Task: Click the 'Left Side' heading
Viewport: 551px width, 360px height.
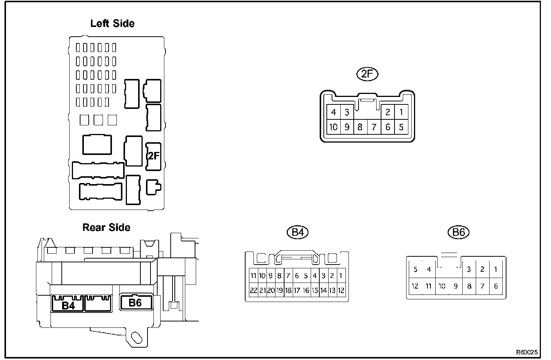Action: tap(112, 24)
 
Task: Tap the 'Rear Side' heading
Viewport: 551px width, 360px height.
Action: tap(106, 228)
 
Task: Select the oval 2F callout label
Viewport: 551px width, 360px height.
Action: tap(367, 74)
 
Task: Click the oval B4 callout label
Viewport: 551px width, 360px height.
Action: tap(298, 233)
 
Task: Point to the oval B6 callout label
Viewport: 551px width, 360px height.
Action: tap(459, 232)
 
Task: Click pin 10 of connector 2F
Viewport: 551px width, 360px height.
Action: tap(333, 127)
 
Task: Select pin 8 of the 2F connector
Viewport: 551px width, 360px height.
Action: tap(360, 127)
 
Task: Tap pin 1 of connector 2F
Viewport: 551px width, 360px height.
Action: tap(401, 112)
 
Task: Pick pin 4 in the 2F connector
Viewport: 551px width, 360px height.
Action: tap(333, 112)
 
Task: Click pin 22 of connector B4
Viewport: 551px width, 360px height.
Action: tap(253, 290)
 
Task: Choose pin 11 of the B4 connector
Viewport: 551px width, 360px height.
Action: tap(253, 276)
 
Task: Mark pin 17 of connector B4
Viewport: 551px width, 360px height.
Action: tap(297, 290)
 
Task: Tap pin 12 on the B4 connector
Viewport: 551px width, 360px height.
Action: tap(341, 290)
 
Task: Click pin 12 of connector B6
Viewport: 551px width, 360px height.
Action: tap(415, 286)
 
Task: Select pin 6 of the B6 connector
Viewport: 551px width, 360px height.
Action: tap(496, 286)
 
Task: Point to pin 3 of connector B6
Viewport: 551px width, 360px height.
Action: tap(469, 269)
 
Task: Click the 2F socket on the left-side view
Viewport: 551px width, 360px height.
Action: tap(153, 156)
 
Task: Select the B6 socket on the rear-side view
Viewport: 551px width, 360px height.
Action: tap(136, 302)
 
